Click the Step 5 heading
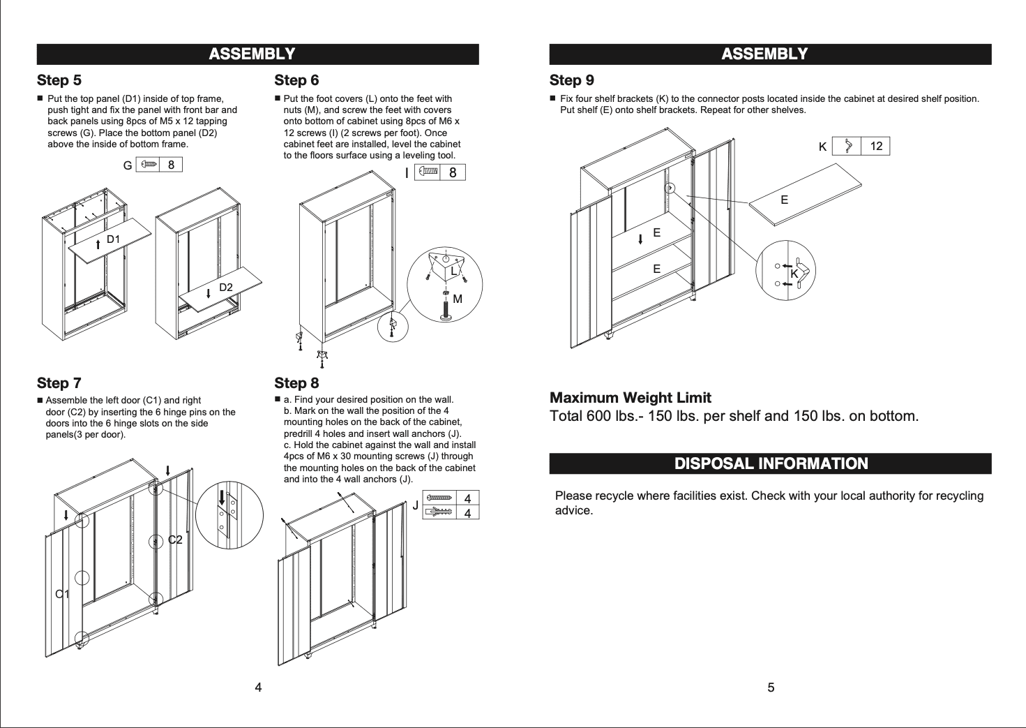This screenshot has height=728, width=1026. (59, 80)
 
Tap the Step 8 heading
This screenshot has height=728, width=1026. (296, 382)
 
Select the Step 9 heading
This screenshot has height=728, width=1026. (571, 80)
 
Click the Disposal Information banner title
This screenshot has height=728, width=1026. (771, 463)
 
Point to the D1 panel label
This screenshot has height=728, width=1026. (113, 239)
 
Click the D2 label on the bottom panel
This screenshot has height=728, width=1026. (226, 288)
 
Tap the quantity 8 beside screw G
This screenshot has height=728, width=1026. (171, 165)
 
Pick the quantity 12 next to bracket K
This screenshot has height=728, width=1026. (876, 146)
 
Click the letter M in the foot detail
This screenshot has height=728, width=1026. (458, 299)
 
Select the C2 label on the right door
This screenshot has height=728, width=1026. (175, 540)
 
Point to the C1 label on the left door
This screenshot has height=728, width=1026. (62, 594)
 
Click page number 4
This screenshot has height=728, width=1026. (258, 688)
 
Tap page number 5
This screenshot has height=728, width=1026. (771, 688)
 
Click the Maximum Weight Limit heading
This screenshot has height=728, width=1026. (630, 398)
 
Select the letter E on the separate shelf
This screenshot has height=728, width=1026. (784, 200)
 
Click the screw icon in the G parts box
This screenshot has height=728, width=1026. (149, 165)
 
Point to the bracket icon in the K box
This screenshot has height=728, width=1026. (848, 146)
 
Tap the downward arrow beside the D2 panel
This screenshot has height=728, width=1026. (209, 293)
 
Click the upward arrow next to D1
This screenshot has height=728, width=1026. (98, 244)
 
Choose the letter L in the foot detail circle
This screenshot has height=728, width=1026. (453, 270)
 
